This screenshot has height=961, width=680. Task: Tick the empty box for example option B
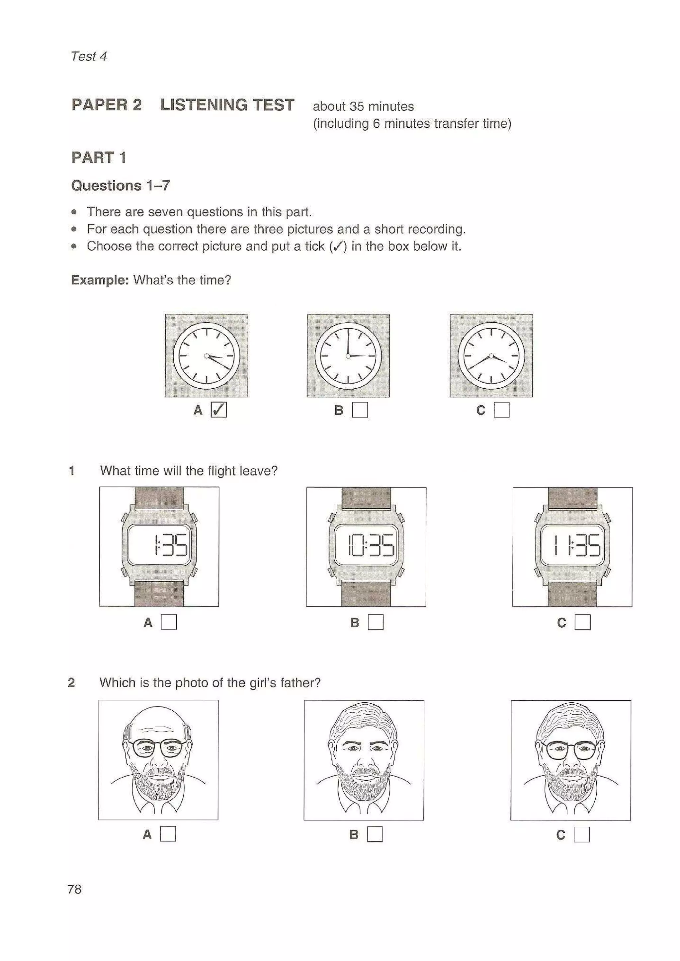[360, 410]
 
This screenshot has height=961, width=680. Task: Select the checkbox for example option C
[501, 410]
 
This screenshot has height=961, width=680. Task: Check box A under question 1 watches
[169, 622]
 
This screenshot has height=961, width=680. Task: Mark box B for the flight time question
[376, 622]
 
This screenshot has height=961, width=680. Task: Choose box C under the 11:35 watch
[582, 622]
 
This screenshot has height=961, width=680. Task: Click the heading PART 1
[99, 158]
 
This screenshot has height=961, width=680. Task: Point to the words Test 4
[89, 56]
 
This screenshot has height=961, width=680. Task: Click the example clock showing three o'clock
[348, 356]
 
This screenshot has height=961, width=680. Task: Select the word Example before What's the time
[100, 280]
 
